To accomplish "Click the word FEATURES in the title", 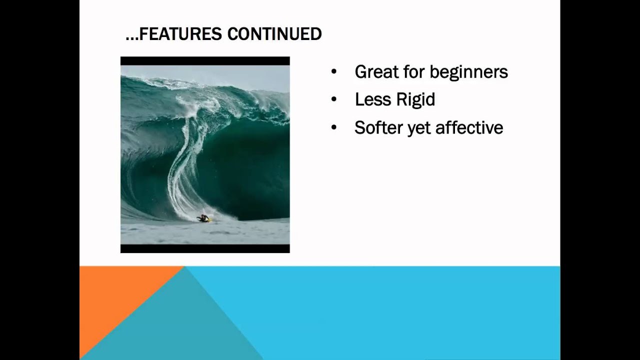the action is pyautogui.click(x=180, y=33).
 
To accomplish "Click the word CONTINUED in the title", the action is pyautogui.click(x=274, y=33).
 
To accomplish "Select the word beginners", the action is pyautogui.click(x=469, y=72).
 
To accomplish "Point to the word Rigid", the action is pyautogui.click(x=415, y=100).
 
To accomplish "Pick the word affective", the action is pyautogui.click(x=469, y=127).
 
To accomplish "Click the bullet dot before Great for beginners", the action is pyautogui.click(x=333, y=71).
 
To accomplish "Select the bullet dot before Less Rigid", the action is pyautogui.click(x=333, y=99).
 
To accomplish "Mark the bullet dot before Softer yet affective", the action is pyautogui.click(x=333, y=127).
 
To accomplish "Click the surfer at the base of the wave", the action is pyautogui.click(x=203, y=218).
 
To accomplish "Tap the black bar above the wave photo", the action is pyautogui.click(x=205, y=61).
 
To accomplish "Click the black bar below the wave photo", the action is pyautogui.click(x=205, y=248).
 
